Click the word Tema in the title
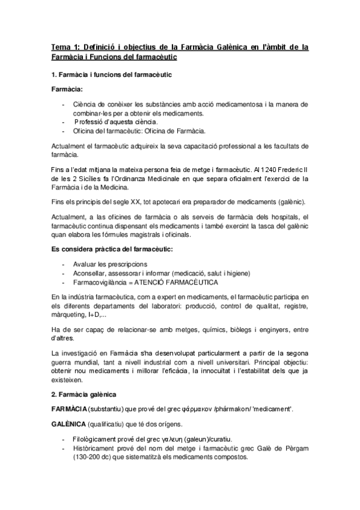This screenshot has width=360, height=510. (60, 46)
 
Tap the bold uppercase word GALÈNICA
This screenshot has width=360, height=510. (69, 423)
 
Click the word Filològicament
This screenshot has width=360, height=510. (99, 438)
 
